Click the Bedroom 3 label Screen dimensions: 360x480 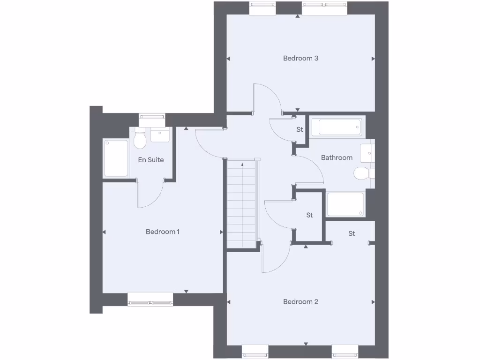tap(300, 59)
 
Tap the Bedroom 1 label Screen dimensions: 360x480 tap(163, 232)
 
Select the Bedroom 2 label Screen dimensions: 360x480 tap(300, 301)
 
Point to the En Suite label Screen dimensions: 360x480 tap(151, 160)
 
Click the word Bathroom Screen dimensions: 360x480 tap(337, 157)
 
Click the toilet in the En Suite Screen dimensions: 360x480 tap(140, 139)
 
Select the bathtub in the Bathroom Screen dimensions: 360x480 tap(340, 127)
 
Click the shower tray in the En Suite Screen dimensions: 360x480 tap(116, 158)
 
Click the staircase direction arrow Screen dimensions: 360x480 tap(242, 165)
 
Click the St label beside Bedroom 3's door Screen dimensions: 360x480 tap(300, 129)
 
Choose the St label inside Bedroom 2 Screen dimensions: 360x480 tap(352, 233)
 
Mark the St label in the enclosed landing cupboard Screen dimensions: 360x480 tap(309, 215)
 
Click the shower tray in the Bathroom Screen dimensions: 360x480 tap(345, 204)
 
